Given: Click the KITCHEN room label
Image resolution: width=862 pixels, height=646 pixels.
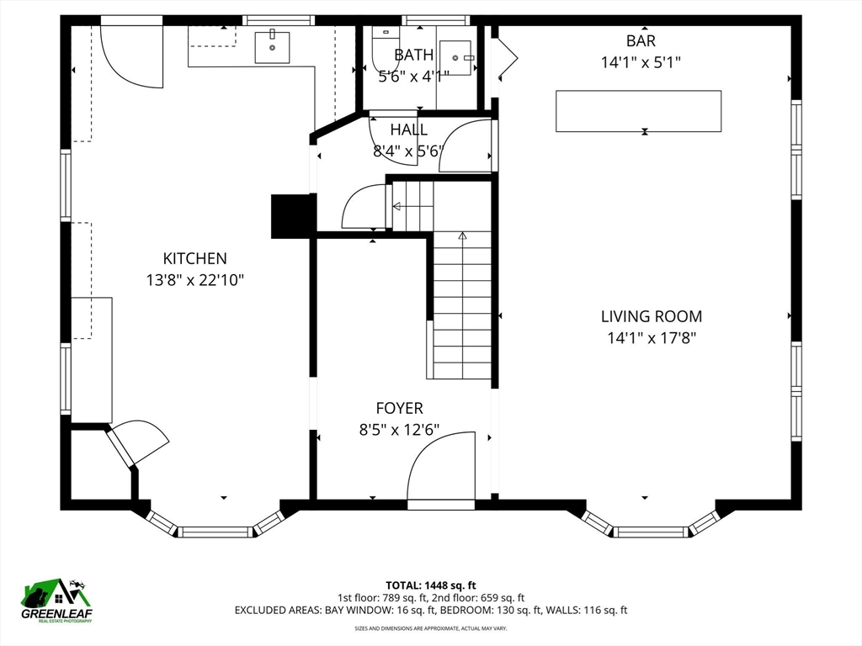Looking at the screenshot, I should point(194,259).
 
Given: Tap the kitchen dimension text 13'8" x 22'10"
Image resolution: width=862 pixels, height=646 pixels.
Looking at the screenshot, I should point(194,280).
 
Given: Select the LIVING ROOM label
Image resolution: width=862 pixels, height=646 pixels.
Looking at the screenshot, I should point(651,317).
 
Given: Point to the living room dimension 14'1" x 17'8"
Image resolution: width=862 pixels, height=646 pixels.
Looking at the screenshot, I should point(651,338).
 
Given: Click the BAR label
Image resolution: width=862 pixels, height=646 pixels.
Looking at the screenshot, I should point(640,40).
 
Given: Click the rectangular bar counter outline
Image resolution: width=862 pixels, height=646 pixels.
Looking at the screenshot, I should point(638,111).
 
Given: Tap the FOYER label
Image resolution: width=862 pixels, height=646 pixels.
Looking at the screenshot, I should point(399,409).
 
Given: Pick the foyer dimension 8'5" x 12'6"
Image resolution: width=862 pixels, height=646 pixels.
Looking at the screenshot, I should point(399,430).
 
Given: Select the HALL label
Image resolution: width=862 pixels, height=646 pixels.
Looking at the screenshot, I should point(408,130).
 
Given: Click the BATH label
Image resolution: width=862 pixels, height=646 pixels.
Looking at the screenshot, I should point(413,56).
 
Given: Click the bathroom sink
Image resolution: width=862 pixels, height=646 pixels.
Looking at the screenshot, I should point(457,58).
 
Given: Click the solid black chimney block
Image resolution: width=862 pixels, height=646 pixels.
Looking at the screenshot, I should point(292,215).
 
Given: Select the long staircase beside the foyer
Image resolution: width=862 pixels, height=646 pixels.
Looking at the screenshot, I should point(462,307).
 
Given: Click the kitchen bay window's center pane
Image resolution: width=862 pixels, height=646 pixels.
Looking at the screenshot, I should point(216,532).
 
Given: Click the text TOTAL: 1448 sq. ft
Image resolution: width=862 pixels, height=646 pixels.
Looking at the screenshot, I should point(431,585).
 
